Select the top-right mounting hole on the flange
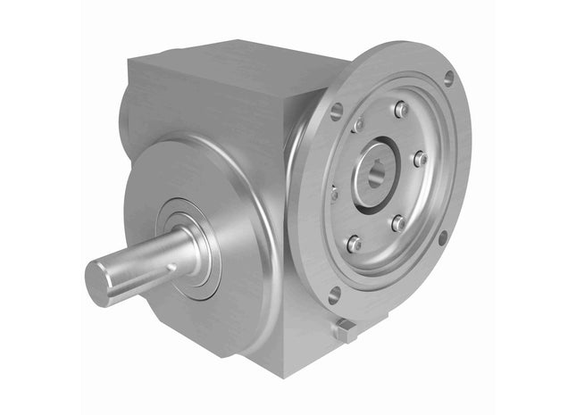click(x=448, y=78)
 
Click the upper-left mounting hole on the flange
click(x=337, y=112)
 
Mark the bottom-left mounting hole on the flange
click(x=334, y=294)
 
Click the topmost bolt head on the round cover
click(x=401, y=109)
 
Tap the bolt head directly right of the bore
click(x=420, y=159)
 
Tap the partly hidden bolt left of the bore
click(x=334, y=192)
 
